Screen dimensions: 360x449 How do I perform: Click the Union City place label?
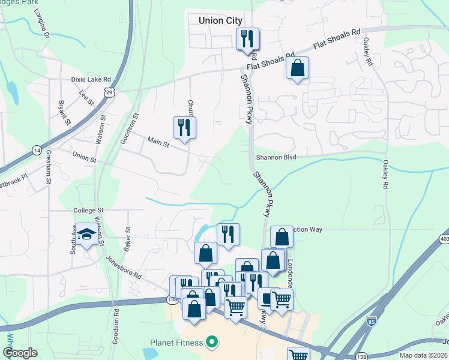(220, 20)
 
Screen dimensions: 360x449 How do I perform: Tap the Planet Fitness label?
(176, 343)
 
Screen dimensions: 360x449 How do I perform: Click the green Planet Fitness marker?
(211, 343)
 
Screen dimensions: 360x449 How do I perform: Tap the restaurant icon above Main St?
(184, 127)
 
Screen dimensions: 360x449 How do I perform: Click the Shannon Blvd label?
(276, 158)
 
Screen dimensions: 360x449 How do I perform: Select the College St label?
(89, 211)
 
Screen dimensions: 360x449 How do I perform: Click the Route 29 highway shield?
(108, 91)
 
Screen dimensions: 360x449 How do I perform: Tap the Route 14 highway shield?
(37, 150)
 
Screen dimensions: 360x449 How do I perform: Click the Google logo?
(20, 353)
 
